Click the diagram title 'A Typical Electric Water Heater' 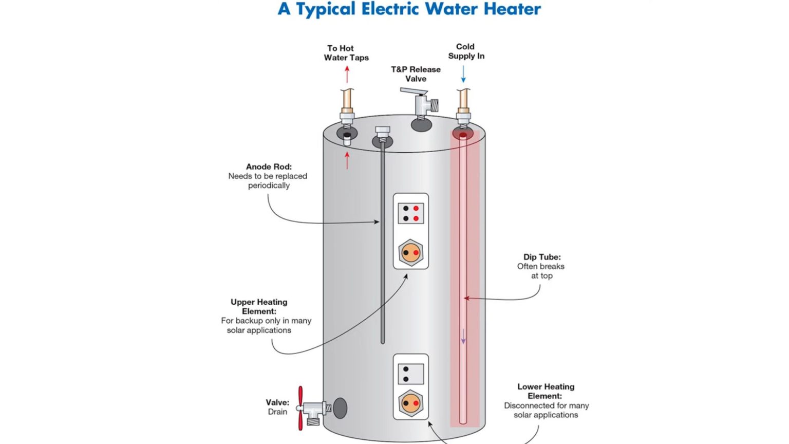409,9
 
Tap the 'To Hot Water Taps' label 346,53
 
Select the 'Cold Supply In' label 466,51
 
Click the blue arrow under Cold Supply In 463,74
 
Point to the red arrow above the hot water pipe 347,75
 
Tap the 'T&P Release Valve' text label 416,74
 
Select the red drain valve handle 300,408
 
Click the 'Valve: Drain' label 277,407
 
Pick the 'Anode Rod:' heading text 269,166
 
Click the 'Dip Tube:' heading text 542,257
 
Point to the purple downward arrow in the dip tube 463,337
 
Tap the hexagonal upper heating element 411,253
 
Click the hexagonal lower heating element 411,403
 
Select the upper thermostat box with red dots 411,213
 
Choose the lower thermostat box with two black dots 411,374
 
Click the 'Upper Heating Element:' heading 259,307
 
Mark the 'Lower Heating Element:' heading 546,391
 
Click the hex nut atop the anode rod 383,132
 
